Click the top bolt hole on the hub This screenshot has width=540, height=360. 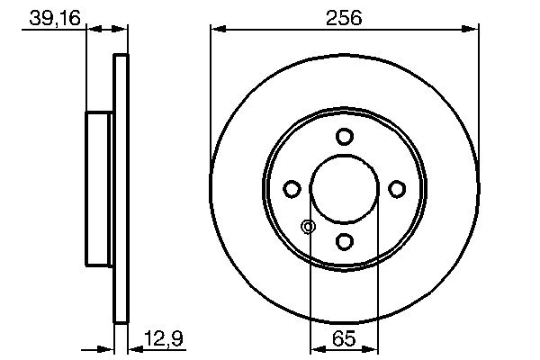pyautogui.click(x=344, y=137)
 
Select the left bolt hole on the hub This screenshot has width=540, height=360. pyautogui.click(x=292, y=189)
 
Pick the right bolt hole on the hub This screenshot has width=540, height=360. pyautogui.click(x=396, y=189)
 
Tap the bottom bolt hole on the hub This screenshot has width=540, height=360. pyautogui.click(x=344, y=240)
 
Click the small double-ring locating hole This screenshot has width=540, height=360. pyautogui.click(x=309, y=227)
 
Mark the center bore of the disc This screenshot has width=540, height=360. pyautogui.click(x=344, y=189)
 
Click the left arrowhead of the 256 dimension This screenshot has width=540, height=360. pyautogui.click(x=217, y=30)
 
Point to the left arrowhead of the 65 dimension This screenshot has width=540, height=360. pyautogui.click(x=316, y=349)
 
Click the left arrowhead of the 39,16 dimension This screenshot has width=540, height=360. pyautogui.click(x=92, y=30)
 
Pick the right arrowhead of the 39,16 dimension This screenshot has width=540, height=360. pyautogui.click(x=122, y=30)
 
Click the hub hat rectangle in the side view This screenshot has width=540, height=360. pyautogui.click(x=98, y=189)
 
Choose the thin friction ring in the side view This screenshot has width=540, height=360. pyautogui.click(x=121, y=189)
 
